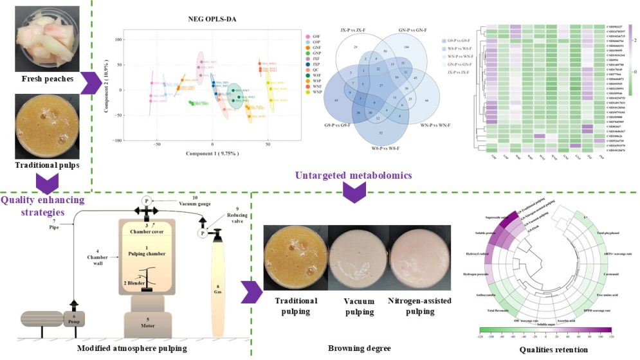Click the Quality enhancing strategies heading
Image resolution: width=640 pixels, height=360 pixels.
point(42,205)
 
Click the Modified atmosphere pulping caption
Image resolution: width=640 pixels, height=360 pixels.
point(133,348)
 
